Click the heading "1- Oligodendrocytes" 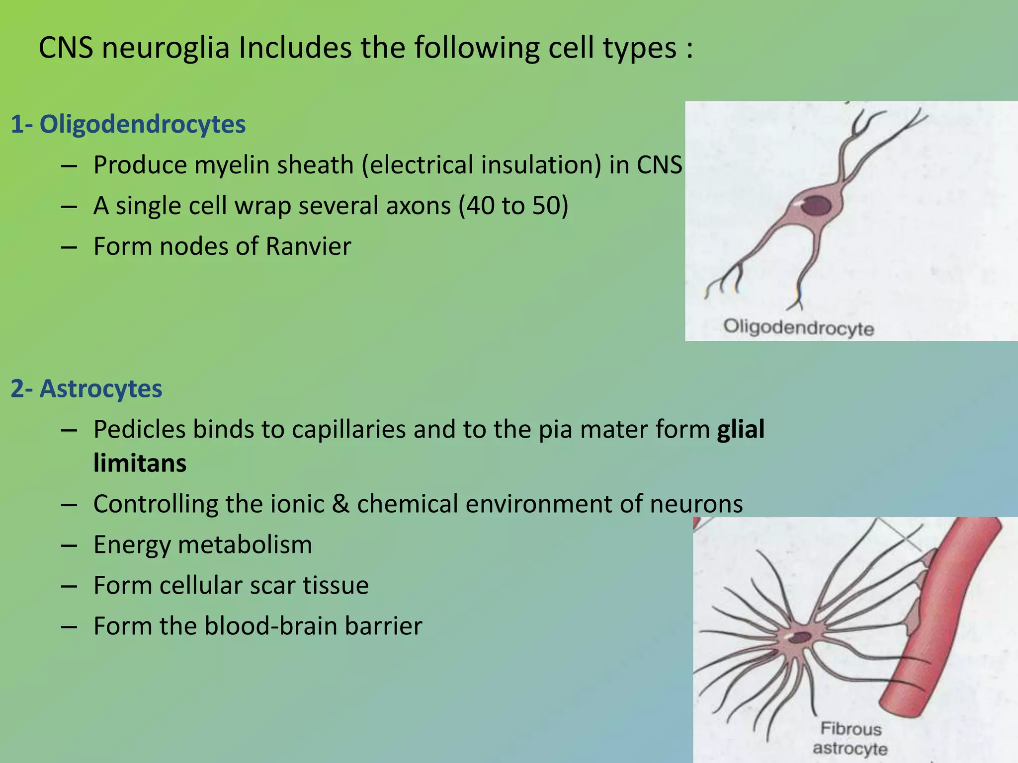(128, 124)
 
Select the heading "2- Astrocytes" (86, 388)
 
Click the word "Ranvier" (308, 246)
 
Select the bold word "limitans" (140, 463)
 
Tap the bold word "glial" (741, 429)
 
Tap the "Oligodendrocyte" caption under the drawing (798, 328)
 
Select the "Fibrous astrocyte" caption (850, 739)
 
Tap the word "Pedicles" (139, 429)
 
